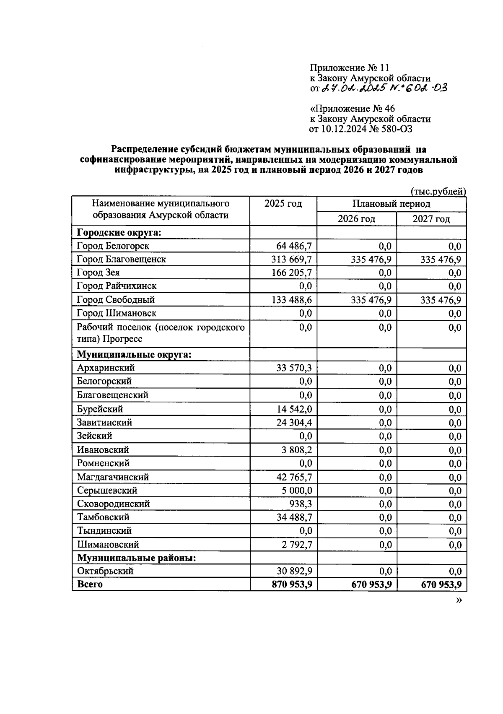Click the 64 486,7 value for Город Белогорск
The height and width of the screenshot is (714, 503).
[294, 246]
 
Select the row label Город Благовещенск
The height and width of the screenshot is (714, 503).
[121, 260]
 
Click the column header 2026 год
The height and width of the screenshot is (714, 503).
[356, 219]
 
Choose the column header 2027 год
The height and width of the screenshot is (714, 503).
[431, 219]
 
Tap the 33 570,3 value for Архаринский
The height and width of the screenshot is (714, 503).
[294, 368]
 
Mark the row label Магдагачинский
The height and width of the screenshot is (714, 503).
[113, 477]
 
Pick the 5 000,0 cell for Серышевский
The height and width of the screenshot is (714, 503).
[297, 491]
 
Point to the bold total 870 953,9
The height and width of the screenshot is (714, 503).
[292, 584]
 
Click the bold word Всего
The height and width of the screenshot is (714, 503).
[90, 584]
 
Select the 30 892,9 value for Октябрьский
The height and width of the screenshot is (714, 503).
[294, 571]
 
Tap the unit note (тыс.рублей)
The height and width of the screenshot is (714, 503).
[438, 192]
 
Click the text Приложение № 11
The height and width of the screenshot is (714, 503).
[350, 68]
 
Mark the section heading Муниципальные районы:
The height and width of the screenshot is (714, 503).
[137, 558]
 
